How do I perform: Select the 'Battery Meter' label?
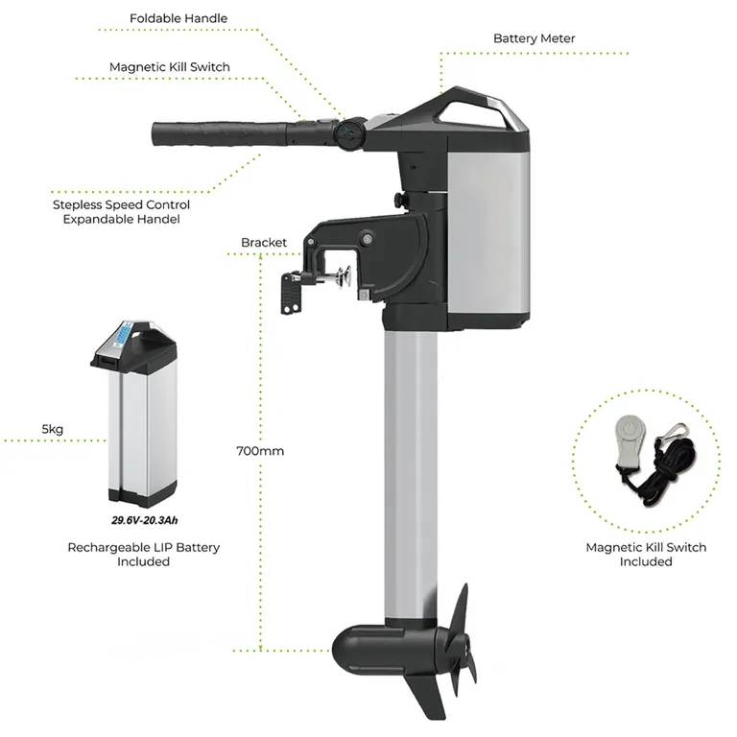(x=534, y=39)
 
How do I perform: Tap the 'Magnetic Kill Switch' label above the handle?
(x=170, y=67)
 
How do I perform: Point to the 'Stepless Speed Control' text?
(x=121, y=204)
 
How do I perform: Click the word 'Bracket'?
(x=264, y=243)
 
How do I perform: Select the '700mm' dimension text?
(x=260, y=449)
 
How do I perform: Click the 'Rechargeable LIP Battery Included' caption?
(x=143, y=554)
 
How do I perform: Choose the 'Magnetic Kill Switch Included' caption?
(x=646, y=554)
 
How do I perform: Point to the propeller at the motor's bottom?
(x=459, y=638)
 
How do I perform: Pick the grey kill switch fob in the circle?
(x=628, y=443)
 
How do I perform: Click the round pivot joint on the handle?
(x=350, y=132)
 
